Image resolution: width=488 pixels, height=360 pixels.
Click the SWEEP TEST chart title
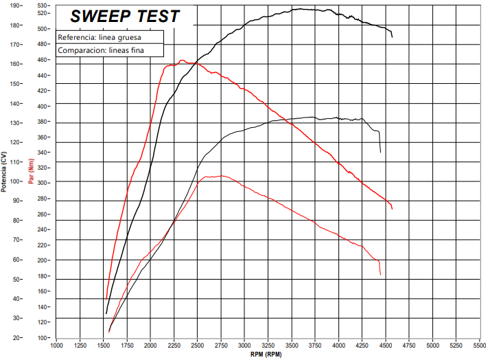pos(126,16)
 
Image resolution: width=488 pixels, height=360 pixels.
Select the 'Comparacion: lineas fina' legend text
pos(101,50)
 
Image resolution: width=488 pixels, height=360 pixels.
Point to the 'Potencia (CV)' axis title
pos(5,171)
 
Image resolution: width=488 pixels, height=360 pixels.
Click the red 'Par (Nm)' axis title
pos(31,171)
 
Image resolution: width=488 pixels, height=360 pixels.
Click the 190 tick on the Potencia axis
pos(14,5)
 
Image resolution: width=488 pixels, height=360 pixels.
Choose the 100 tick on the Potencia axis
pos(14,181)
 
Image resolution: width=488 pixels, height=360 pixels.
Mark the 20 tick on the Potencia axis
pos(16,338)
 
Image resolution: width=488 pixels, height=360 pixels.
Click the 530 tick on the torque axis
pos(42,5)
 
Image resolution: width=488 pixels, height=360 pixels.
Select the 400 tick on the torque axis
pos(42,106)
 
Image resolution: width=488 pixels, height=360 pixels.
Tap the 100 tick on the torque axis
pos(42,338)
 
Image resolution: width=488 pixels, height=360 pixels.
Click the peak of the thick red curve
pos(182,60)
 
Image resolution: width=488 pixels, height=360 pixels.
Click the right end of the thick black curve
pos(392,37)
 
